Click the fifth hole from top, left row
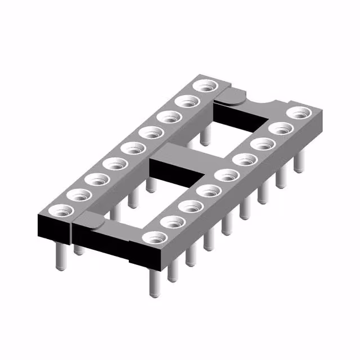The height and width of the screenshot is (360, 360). tap(133, 149)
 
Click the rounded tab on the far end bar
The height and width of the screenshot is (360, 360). tap(232, 97)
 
